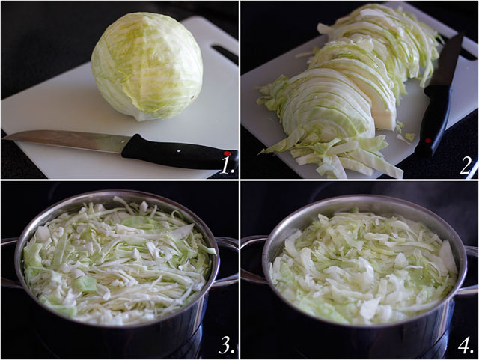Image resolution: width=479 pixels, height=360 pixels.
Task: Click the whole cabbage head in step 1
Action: (x=147, y=66)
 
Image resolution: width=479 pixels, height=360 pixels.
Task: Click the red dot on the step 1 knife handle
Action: (x=226, y=153)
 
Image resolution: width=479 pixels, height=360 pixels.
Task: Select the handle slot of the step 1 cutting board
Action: (x=223, y=53)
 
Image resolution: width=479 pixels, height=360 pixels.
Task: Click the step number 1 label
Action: (x=226, y=163)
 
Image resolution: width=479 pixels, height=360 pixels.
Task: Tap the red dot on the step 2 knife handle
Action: (x=427, y=141)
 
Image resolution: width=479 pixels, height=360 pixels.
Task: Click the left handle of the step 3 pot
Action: (x=9, y=262)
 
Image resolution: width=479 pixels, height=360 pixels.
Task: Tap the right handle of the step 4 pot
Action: (x=471, y=269)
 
